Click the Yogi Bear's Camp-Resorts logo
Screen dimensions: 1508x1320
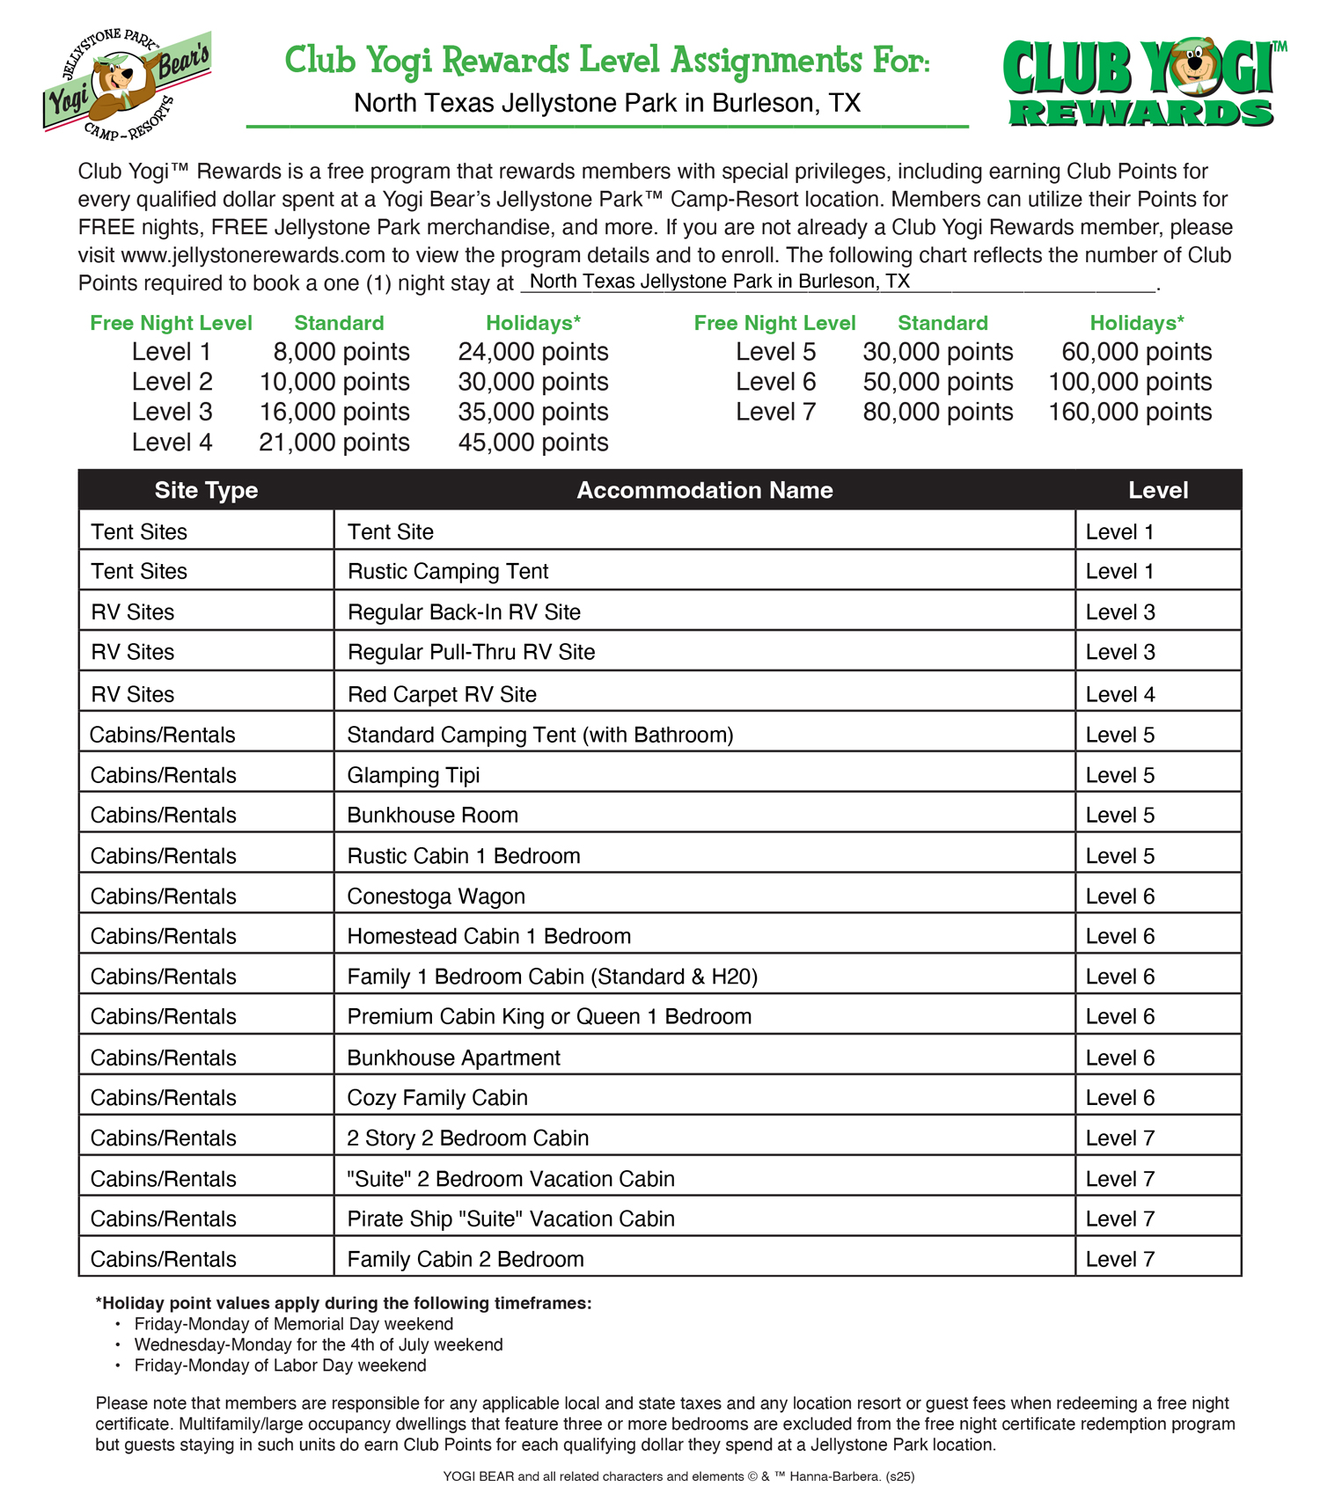point(127,84)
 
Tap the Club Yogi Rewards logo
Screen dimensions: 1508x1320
point(1142,84)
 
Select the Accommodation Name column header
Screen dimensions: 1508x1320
point(704,490)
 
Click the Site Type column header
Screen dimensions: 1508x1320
point(206,490)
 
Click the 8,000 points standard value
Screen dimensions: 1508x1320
point(341,352)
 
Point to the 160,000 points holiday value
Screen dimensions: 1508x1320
point(1130,412)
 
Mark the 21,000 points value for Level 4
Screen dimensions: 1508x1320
point(334,443)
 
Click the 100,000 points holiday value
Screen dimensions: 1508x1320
point(1130,382)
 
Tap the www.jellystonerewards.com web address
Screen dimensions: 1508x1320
point(253,255)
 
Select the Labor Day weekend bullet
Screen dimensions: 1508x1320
point(280,1365)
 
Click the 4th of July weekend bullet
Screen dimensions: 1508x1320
point(319,1344)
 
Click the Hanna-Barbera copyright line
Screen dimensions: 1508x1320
point(678,1476)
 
